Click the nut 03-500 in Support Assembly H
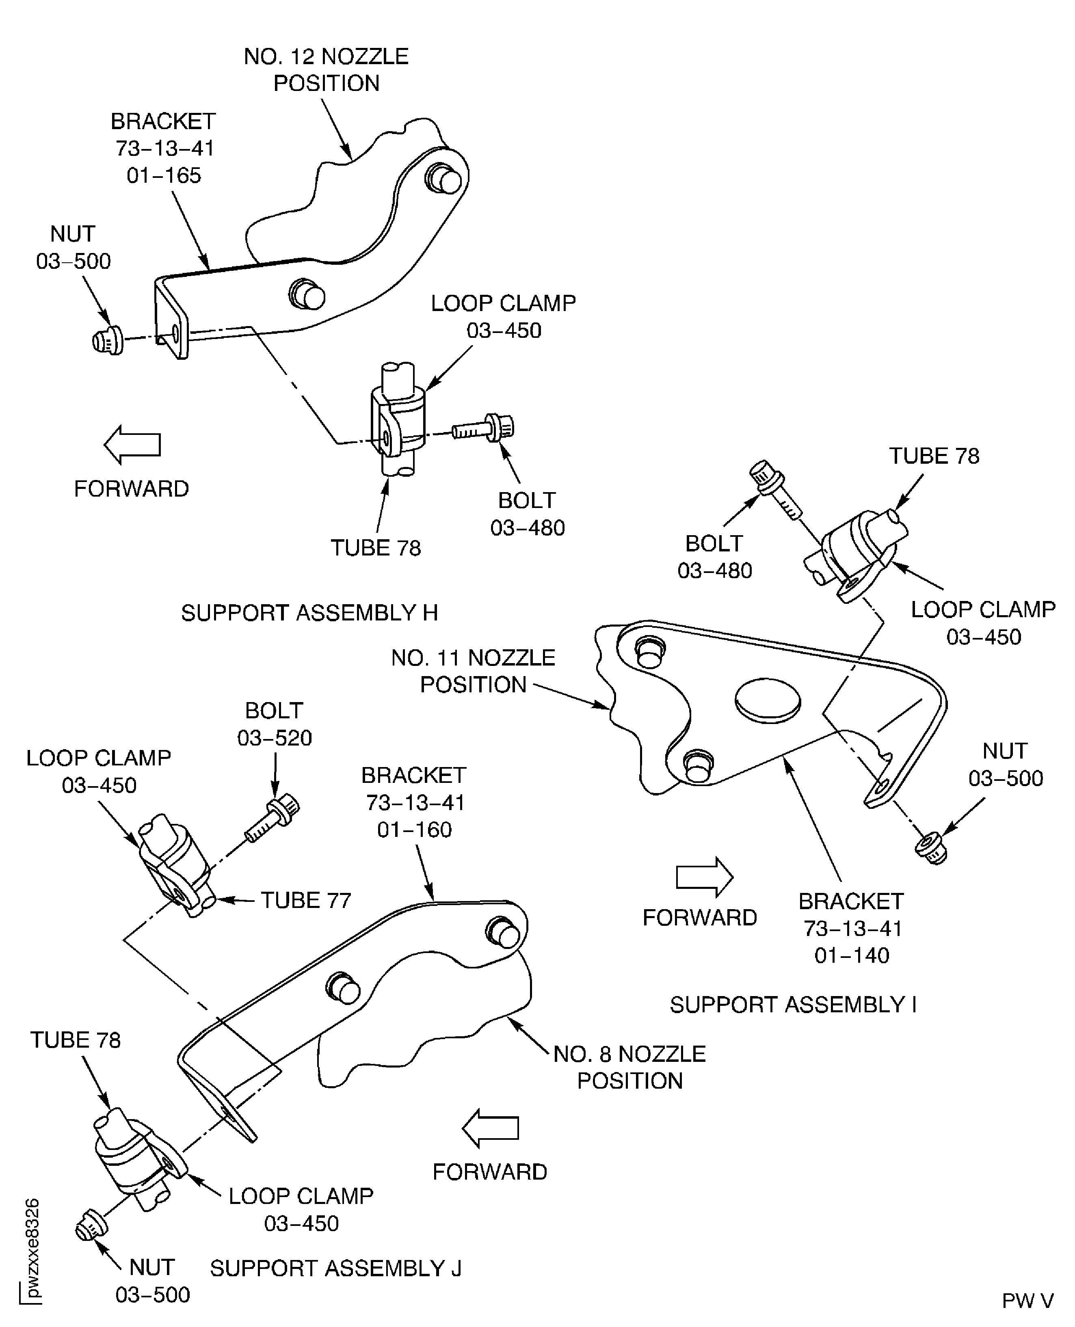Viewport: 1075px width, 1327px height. [106, 341]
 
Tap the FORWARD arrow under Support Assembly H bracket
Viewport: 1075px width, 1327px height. [132, 445]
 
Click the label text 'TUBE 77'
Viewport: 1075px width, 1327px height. [305, 900]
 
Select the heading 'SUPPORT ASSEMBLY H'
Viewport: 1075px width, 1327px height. [309, 613]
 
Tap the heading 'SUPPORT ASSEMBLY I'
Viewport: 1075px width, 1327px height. [793, 1004]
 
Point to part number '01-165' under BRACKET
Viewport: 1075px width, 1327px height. [164, 175]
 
